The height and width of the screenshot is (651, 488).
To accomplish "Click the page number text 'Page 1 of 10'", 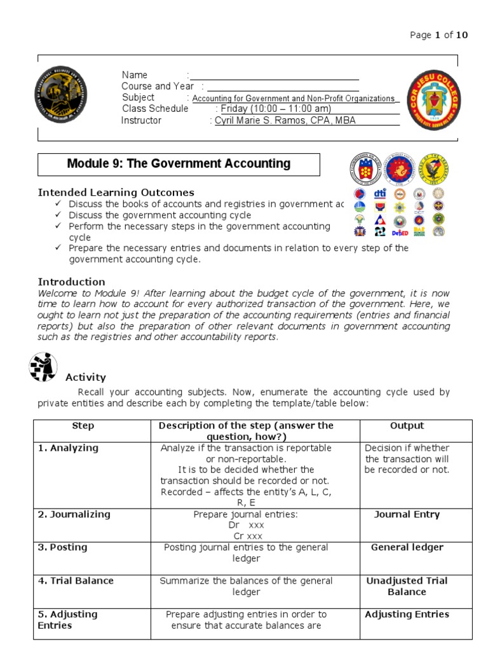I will point(438,35).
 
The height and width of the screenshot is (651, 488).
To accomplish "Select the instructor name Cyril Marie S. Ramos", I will point(285,121).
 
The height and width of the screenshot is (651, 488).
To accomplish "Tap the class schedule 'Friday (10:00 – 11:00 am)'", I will point(276,109).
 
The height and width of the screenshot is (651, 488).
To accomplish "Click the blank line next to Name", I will point(274,75).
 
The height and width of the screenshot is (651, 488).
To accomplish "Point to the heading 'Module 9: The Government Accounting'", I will point(179,164).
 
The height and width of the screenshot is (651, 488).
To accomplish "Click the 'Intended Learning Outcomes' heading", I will point(116,192).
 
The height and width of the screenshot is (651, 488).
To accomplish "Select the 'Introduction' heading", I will point(72,282).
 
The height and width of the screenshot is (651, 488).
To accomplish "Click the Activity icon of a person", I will point(43,367).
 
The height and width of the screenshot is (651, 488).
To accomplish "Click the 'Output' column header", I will point(407,426).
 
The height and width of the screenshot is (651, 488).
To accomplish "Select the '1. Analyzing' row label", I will point(68,448).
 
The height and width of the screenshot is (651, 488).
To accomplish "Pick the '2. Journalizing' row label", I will point(74,514).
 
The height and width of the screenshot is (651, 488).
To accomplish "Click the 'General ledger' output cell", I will point(407,547).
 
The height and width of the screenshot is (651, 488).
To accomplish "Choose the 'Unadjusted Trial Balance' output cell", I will point(407,586).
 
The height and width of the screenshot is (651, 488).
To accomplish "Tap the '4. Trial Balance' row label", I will point(76,580).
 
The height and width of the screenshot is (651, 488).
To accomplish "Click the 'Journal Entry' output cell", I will point(407,514).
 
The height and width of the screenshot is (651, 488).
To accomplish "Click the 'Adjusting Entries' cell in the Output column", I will point(407,614).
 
